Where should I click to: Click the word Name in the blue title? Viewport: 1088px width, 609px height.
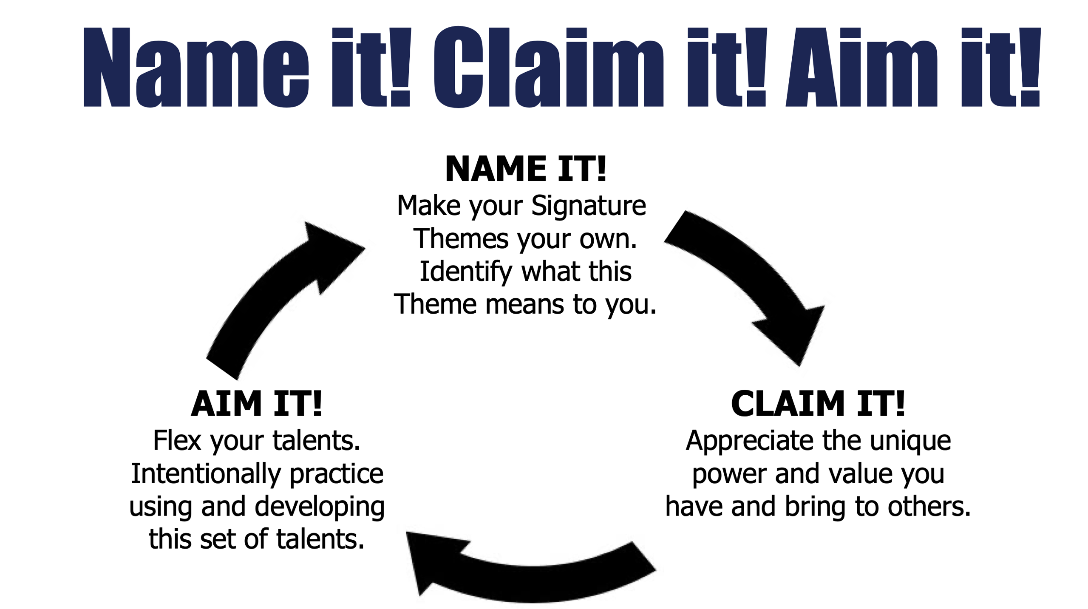pyautogui.click(x=196, y=67)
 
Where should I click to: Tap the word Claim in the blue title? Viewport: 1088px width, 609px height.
pyautogui.click(x=548, y=67)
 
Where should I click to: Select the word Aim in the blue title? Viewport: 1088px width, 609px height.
pyautogui.click(x=862, y=67)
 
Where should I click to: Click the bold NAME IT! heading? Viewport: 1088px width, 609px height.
pyautogui.click(x=526, y=169)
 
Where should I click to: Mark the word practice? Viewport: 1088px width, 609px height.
pyautogui.click(x=337, y=474)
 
